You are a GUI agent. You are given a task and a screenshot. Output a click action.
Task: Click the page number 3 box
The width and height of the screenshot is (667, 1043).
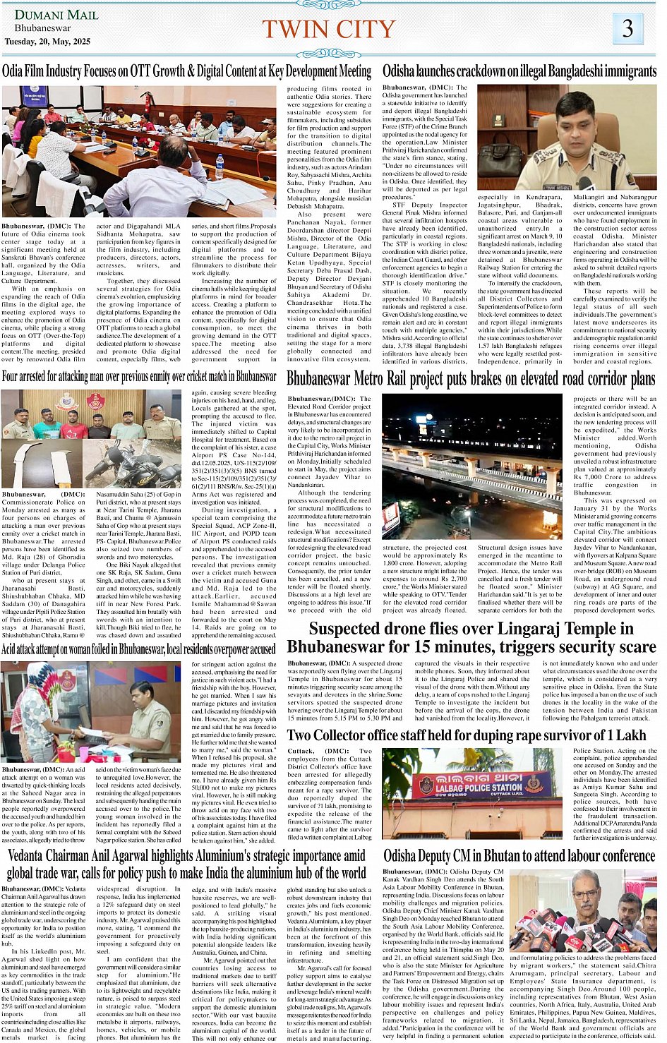click(627, 28)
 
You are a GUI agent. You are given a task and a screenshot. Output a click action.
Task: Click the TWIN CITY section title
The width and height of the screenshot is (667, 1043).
click(328, 29)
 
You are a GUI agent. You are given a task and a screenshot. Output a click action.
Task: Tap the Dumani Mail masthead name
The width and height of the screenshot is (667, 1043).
click(47, 15)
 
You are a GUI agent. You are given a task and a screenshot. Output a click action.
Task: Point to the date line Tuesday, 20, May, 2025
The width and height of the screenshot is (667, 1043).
click(47, 42)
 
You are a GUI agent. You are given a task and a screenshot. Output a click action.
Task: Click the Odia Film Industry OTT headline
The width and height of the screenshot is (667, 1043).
click(186, 71)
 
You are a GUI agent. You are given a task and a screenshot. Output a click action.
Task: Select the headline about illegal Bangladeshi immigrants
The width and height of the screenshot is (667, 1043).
click(519, 71)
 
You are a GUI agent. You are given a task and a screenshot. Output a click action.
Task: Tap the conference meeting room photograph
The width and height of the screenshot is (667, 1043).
click(139, 150)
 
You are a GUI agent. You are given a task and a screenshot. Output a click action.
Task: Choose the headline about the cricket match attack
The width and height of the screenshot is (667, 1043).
click(139, 376)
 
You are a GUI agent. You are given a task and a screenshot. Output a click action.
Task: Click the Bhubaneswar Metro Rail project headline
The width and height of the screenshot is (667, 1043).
click(471, 379)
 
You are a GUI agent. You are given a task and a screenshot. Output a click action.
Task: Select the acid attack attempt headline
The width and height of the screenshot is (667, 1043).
click(138, 649)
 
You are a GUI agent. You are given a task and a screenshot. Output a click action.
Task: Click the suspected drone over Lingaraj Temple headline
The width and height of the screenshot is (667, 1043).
click(471, 637)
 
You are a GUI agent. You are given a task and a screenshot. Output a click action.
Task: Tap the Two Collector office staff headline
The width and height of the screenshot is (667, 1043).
click(467, 735)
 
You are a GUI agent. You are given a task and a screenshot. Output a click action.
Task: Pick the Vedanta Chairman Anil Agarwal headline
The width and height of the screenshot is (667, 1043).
click(186, 864)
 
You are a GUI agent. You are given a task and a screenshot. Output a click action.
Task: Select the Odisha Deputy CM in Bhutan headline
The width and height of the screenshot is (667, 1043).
click(519, 856)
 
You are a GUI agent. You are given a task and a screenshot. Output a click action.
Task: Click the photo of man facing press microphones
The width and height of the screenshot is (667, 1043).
click(583, 910)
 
